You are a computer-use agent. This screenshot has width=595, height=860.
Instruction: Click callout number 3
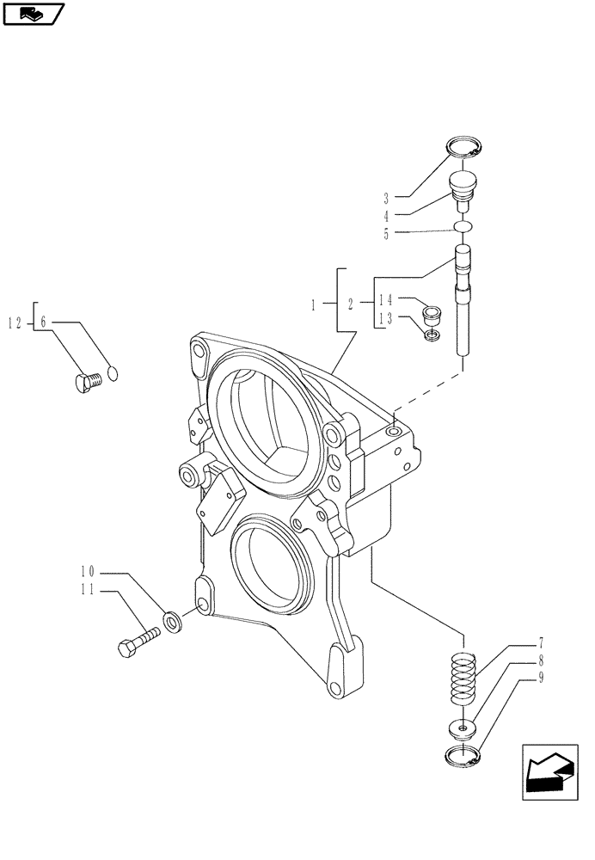point(385,197)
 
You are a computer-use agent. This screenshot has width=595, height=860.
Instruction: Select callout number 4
point(385,215)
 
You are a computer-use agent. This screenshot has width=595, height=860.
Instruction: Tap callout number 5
point(385,233)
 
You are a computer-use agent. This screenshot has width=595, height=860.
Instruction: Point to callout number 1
point(314,304)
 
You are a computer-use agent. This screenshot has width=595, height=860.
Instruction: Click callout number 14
point(386,300)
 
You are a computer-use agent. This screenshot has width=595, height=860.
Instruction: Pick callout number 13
point(386,319)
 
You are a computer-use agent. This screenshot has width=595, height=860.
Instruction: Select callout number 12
point(15,322)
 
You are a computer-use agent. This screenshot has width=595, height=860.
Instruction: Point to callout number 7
point(541,642)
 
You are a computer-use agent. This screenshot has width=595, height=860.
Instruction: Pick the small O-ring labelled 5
point(463,226)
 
